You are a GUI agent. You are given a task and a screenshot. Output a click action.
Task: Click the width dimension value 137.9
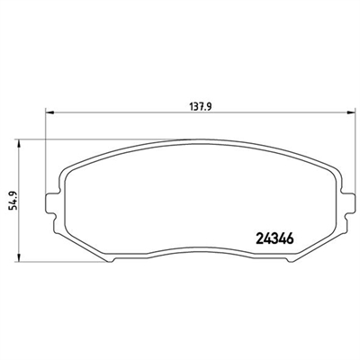pyautogui.click(x=201, y=106)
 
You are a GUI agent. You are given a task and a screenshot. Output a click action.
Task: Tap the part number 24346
pyautogui.click(x=274, y=238)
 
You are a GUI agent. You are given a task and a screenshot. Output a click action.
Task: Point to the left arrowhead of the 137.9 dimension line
pyautogui.click(x=49, y=112)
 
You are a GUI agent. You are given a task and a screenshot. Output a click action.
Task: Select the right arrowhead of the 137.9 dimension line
pyautogui.click(x=350, y=112)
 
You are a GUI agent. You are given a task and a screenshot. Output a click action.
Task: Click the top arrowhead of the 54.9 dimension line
pyautogui.click(x=19, y=144)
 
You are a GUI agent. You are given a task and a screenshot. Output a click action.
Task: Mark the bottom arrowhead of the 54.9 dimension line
pyautogui.click(x=19, y=257)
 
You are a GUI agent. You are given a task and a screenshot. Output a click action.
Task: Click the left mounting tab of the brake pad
pyautogui.click(x=52, y=202)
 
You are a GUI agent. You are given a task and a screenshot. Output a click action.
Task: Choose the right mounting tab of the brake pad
pyautogui.click(x=347, y=202)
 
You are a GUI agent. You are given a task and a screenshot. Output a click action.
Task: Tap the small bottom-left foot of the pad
pyautogui.click(x=110, y=260)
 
